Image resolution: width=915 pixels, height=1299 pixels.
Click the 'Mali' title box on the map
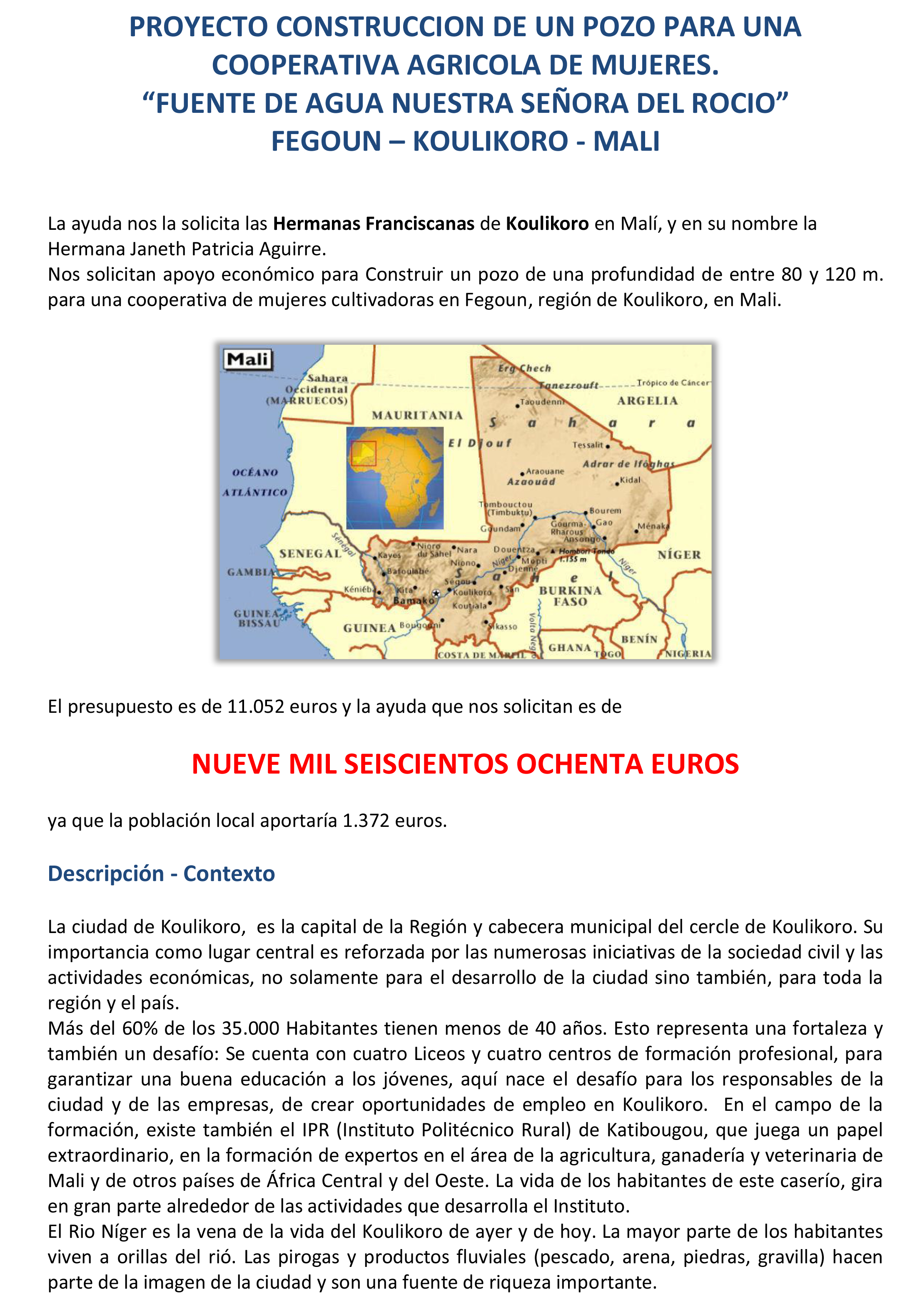coord(248,359)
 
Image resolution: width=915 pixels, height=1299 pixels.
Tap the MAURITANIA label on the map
coord(417,415)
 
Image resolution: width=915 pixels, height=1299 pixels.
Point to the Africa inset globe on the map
coord(394,478)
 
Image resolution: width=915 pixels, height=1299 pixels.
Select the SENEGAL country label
coord(310,553)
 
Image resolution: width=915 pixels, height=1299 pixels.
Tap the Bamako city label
coord(413,600)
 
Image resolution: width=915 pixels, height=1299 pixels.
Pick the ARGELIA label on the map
coord(647,401)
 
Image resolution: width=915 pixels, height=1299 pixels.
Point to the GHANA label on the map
coord(569,647)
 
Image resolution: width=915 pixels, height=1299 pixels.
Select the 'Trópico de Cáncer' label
coord(673,383)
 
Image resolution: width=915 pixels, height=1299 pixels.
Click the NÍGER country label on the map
coord(679,555)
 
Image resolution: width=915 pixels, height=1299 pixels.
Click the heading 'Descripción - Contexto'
coord(161,873)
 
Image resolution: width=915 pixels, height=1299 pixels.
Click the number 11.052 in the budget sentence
coord(255,707)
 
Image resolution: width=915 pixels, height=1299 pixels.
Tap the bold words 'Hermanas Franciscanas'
coord(374,224)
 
